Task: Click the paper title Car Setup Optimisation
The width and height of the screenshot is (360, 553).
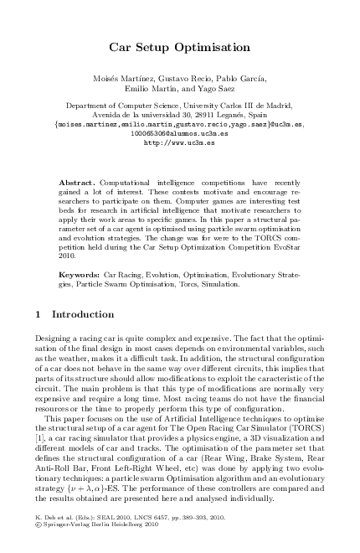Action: click(180, 49)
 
